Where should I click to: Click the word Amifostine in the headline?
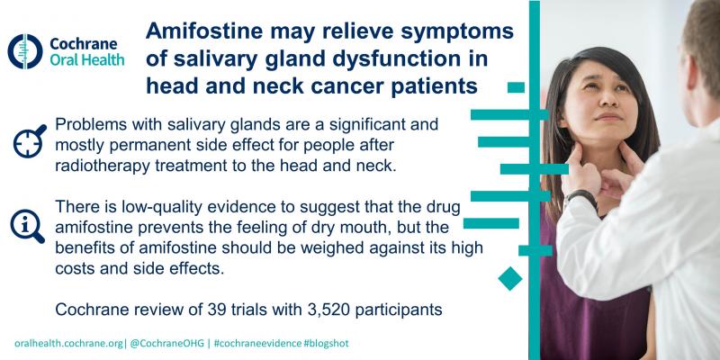(204, 31)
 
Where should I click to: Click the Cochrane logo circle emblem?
(25, 51)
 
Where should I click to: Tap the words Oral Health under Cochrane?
(86, 59)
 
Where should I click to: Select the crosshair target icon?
(30, 141)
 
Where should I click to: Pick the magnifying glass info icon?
(28, 226)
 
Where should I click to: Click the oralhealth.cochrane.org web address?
(69, 344)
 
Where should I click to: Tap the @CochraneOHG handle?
(166, 344)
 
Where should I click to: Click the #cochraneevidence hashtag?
(257, 344)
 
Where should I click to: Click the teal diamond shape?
(510, 278)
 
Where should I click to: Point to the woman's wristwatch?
(581, 196)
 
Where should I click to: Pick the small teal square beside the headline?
(516, 87)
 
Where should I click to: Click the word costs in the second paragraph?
(75, 269)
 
